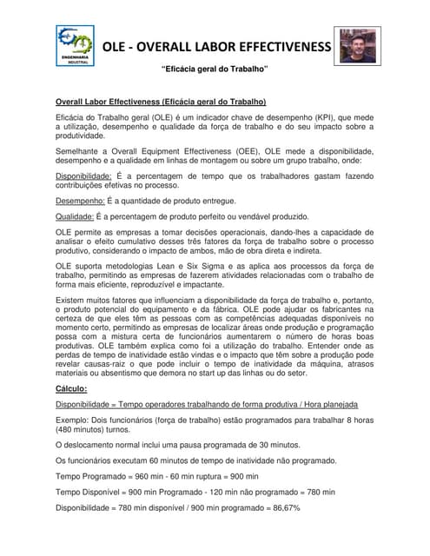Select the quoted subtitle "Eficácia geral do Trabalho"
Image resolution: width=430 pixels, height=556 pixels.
click(x=215, y=69)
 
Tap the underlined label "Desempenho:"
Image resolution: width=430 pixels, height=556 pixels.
click(x=79, y=201)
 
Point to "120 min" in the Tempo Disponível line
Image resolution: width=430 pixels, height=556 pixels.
click(x=228, y=492)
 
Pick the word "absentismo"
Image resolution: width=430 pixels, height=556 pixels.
click(x=132, y=374)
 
